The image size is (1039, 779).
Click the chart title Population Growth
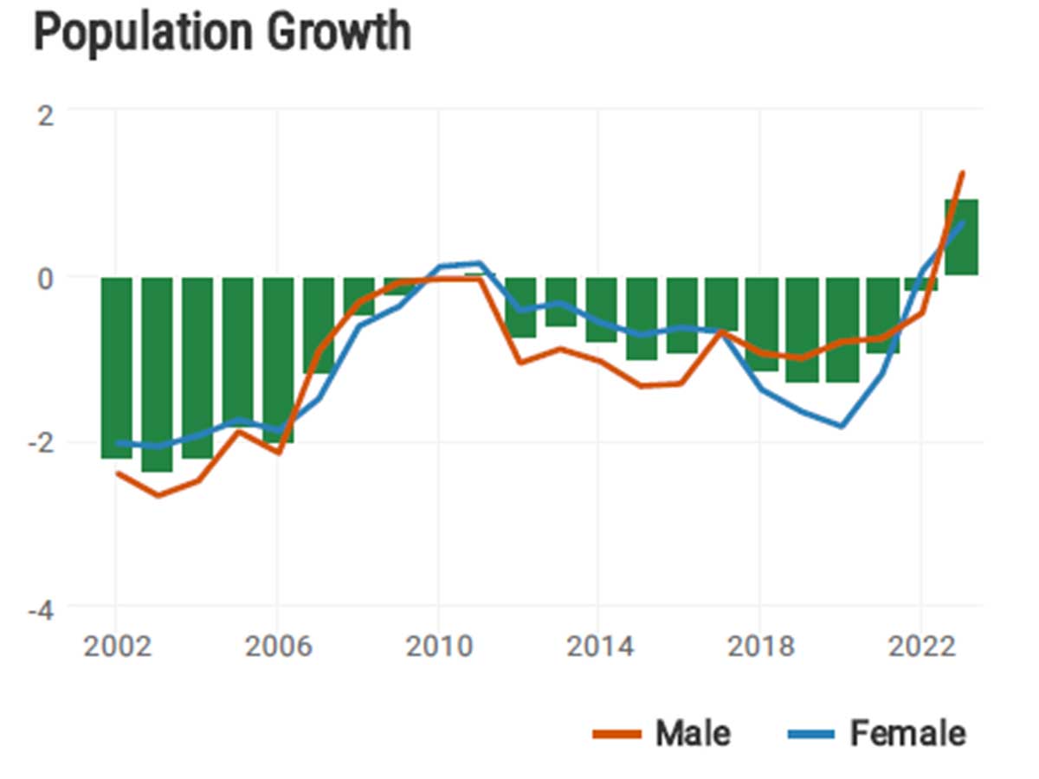[222, 33]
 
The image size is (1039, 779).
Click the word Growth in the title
[339, 33]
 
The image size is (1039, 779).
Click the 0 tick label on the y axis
[44, 278]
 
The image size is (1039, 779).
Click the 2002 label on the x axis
[116, 647]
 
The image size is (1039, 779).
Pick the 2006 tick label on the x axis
[277, 647]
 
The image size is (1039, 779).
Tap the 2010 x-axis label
[438, 647]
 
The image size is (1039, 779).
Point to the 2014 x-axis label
[599, 647]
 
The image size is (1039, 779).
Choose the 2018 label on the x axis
[760, 647]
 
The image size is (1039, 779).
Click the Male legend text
[693, 734]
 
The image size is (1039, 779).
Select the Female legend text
[907, 734]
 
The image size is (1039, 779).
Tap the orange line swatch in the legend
[617, 735]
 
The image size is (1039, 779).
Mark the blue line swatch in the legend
[811, 735]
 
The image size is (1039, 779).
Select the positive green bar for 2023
[961, 238]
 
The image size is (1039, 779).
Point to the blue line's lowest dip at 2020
[841, 426]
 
